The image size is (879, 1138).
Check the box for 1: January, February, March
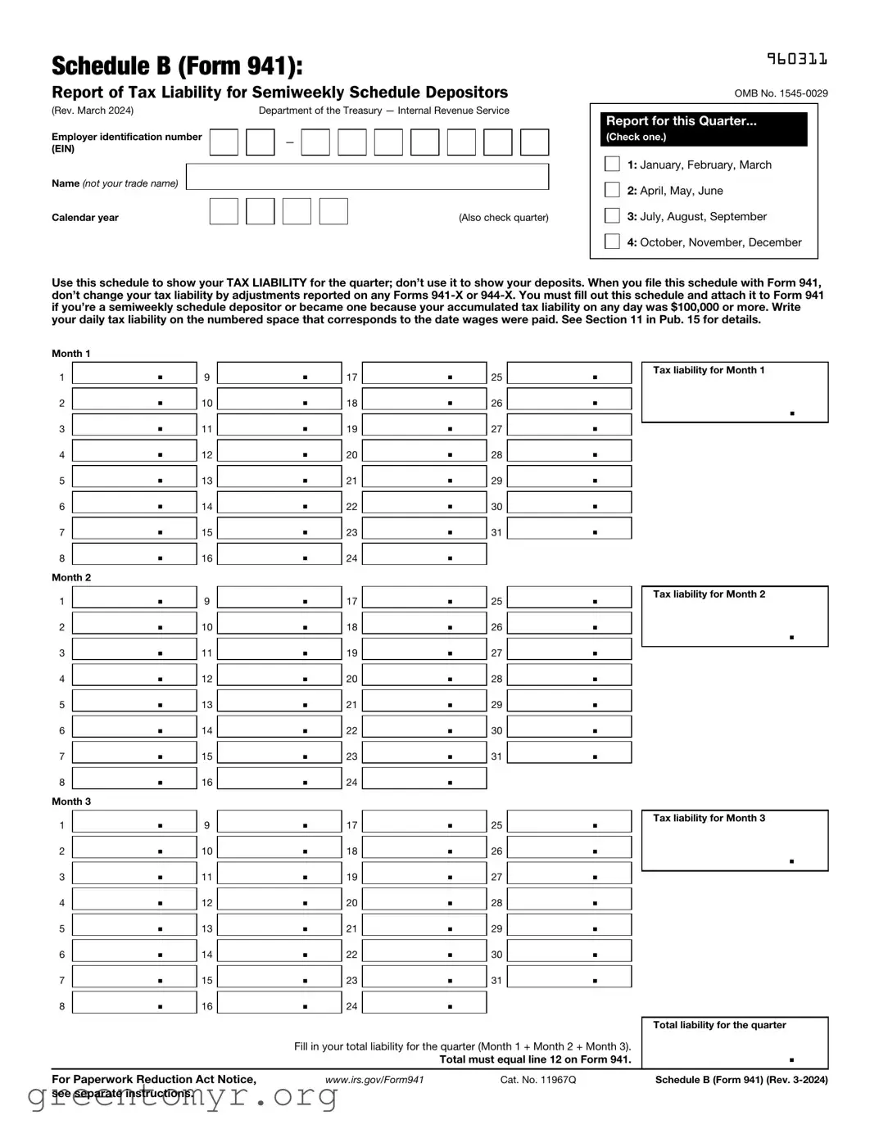(x=612, y=164)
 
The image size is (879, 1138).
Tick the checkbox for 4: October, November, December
(x=612, y=242)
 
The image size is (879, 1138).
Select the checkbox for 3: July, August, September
(x=612, y=215)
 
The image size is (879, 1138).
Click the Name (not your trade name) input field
(x=367, y=177)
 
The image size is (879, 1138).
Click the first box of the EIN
(x=224, y=142)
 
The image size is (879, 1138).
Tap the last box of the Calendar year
(x=333, y=211)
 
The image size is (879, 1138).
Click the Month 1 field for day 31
(x=569, y=529)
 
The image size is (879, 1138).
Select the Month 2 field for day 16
(x=279, y=779)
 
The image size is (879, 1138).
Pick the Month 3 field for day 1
(x=134, y=822)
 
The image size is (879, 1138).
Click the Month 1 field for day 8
(x=134, y=555)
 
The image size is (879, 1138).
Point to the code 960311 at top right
(x=796, y=59)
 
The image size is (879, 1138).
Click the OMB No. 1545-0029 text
(x=781, y=93)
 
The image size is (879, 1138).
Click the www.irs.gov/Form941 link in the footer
(x=374, y=1080)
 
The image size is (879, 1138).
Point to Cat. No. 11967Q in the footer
(x=537, y=1080)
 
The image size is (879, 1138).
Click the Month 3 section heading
(x=71, y=802)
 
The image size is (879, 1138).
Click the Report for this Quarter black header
(x=703, y=129)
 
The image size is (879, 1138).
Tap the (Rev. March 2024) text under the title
(x=93, y=111)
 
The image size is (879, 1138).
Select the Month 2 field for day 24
(x=424, y=779)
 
